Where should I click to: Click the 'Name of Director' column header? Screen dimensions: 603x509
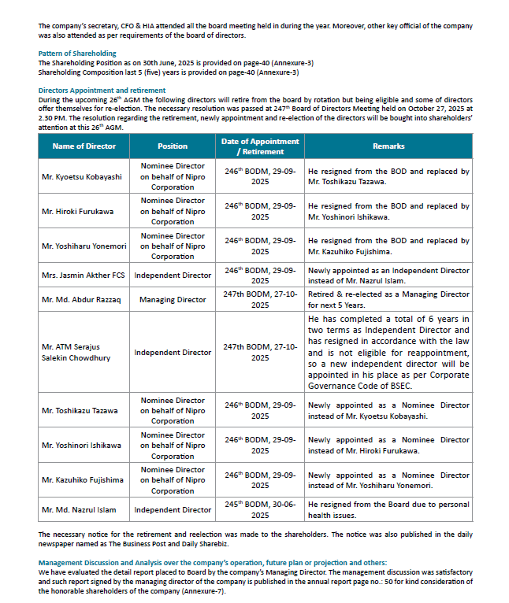(x=84, y=146)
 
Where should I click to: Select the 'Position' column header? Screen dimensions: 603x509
(x=173, y=146)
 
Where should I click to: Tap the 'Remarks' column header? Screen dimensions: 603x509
(x=388, y=146)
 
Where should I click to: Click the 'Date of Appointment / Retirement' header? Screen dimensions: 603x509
(x=260, y=146)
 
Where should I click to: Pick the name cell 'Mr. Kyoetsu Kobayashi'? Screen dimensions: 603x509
(x=82, y=177)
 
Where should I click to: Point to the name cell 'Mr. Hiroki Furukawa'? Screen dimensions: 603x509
(x=77, y=212)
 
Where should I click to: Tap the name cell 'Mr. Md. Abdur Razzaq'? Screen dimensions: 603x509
(x=80, y=300)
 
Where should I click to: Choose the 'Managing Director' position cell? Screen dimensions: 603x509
(x=173, y=300)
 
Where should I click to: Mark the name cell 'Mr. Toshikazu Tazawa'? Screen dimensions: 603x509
(x=80, y=411)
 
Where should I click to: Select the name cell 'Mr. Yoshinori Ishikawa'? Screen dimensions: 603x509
(x=82, y=446)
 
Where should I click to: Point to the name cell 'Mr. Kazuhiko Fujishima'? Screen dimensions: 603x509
(x=83, y=480)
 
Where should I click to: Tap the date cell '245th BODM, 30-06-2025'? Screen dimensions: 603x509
(x=260, y=510)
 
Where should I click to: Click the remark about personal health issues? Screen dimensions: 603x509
(x=388, y=510)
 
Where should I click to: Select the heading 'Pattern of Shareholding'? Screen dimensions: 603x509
(x=77, y=54)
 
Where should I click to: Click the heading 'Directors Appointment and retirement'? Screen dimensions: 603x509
(x=102, y=91)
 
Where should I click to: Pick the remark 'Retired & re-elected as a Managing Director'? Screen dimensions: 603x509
(x=388, y=299)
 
